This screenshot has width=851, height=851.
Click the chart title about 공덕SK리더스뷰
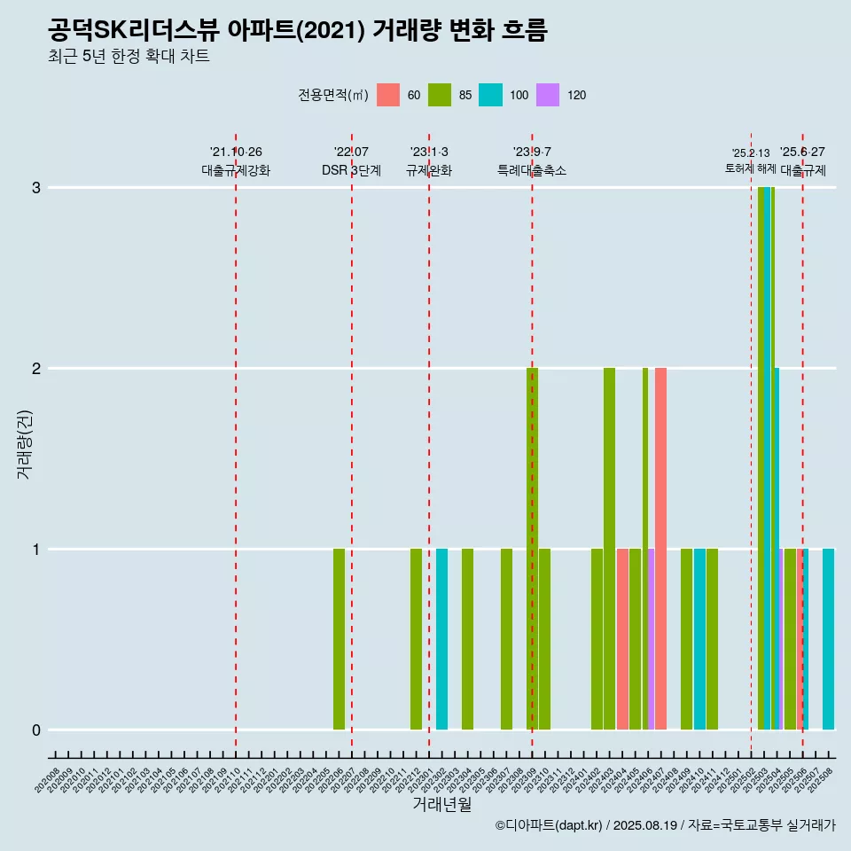[x=298, y=30]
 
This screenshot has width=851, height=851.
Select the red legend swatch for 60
[x=388, y=95]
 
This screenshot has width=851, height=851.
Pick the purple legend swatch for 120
[x=549, y=95]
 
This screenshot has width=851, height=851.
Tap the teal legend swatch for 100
[x=490, y=95]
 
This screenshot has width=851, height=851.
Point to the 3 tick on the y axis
[x=36, y=187]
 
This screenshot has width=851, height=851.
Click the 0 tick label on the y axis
[x=36, y=730]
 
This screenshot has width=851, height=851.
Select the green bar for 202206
[x=339, y=639]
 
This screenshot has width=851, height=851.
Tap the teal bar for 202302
[x=441, y=639]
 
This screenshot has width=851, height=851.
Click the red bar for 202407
[x=660, y=549]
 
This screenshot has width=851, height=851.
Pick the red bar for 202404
[x=622, y=639]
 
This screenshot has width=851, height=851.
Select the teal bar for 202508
[x=828, y=639]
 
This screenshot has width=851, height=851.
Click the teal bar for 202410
[x=699, y=639]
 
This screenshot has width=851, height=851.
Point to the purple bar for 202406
[x=652, y=639]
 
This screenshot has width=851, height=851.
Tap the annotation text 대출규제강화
[x=236, y=170]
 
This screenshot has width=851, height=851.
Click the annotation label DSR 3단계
[x=351, y=170]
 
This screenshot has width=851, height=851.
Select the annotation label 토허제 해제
[x=750, y=168]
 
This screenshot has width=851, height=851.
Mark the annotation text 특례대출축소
[x=532, y=170]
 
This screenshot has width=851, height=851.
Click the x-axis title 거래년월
[x=441, y=804]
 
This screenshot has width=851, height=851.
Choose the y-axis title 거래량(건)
[x=24, y=442]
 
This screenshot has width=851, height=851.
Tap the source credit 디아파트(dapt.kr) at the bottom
[x=550, y=825]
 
